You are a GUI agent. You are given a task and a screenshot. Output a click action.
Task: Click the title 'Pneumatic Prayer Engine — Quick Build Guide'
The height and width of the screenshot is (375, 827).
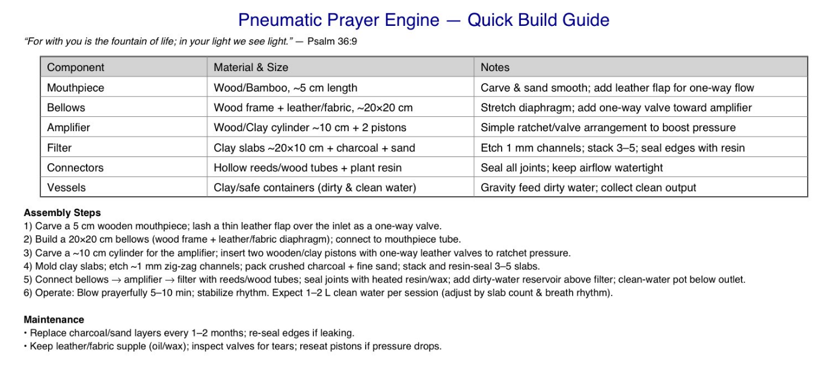pyautogui.click(x=423, y=20)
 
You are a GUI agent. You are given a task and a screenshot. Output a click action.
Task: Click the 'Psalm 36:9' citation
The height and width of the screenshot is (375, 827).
pyautogui.click(x=332, y=42)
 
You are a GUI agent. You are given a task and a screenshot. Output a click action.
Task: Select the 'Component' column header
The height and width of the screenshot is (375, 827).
pyautogui.click(x=75, y=67)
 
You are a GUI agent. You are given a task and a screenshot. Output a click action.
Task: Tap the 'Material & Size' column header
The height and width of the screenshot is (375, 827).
pyautogui.click(x=251, y=67)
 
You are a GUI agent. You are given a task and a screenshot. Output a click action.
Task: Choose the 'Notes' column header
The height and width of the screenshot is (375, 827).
pyautogui.click(x=494, y=67)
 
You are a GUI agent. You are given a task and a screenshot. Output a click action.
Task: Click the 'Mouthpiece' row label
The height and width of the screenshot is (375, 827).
pyautogui.click(x=75, y=88)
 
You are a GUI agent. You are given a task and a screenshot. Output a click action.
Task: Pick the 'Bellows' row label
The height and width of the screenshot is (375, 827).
pyautogui.click(x=66, y=108)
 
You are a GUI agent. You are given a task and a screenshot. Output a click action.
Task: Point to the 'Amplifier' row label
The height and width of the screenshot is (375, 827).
pyautogui.click(x=69, y=128)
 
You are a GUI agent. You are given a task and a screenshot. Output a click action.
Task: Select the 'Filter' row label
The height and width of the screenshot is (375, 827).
pyautogui.click(x=59, y=147)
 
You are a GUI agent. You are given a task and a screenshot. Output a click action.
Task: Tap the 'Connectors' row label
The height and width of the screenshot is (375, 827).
pyautogui.click(x=75, y=167)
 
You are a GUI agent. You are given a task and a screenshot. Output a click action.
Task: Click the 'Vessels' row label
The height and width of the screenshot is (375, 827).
pyautogui.click(x=66, y=187)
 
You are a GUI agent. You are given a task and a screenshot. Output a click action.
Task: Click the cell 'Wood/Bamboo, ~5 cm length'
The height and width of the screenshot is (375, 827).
pyautogui.click(x=285, y=88)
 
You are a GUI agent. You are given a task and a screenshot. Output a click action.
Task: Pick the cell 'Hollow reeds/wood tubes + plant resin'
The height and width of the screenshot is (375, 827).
pyautogui.click(x=307, y=167)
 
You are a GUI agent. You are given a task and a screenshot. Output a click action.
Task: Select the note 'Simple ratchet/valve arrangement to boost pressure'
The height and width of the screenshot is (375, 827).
pyautogui.click(x=608, y=128)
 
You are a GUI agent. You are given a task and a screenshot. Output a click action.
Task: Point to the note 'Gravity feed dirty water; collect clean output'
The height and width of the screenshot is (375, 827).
pyautogui.click(x=588, y=187)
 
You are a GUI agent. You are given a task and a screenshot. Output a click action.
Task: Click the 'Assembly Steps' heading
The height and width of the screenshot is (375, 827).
pyautogui.click(x=62, y=213)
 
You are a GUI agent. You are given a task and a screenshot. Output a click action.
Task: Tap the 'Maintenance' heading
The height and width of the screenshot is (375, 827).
pyautogui.click(x=54, y=320)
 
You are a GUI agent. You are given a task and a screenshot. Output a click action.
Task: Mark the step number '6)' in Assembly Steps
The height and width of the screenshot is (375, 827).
pyautogui.click(x=28, y=293)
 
